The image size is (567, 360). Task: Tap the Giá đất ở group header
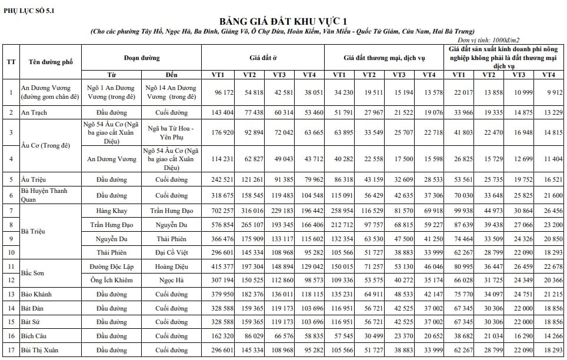click(263, 58)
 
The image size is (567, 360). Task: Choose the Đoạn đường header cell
click(142, 58)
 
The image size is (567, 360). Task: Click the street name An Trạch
click(34, 112)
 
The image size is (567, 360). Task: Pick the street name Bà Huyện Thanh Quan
click(44, 195)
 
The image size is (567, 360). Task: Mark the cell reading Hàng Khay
click(112, 210)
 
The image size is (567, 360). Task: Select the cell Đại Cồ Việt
click(171, 252)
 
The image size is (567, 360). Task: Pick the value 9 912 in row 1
click(547, 92)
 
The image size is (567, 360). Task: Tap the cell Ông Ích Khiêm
click(112, 280)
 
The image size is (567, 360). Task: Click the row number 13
click(11, 294)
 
